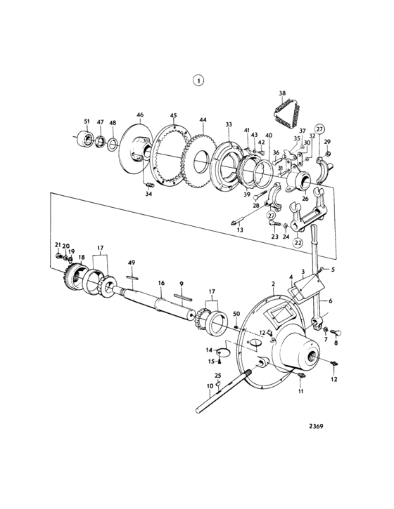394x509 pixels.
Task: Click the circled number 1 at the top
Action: pos(198,80)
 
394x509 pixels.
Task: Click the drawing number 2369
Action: pos(316,426)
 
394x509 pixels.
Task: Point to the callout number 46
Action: pos(140,115)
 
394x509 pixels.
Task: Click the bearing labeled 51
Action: pos(84,139)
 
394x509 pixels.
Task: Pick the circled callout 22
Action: pos(298,242)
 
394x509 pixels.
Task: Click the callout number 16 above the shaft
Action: pos(161,283)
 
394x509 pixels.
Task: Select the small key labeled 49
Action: pos(132,277)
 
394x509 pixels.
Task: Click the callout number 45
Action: pos(173,116)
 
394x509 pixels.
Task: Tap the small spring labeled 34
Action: pos(149,185)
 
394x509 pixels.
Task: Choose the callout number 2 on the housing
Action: pos(273,284)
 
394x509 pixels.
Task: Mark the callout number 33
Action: pos(229,124)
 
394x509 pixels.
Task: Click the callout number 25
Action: pos(217,376)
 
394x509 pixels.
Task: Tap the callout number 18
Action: pos(82,257)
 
